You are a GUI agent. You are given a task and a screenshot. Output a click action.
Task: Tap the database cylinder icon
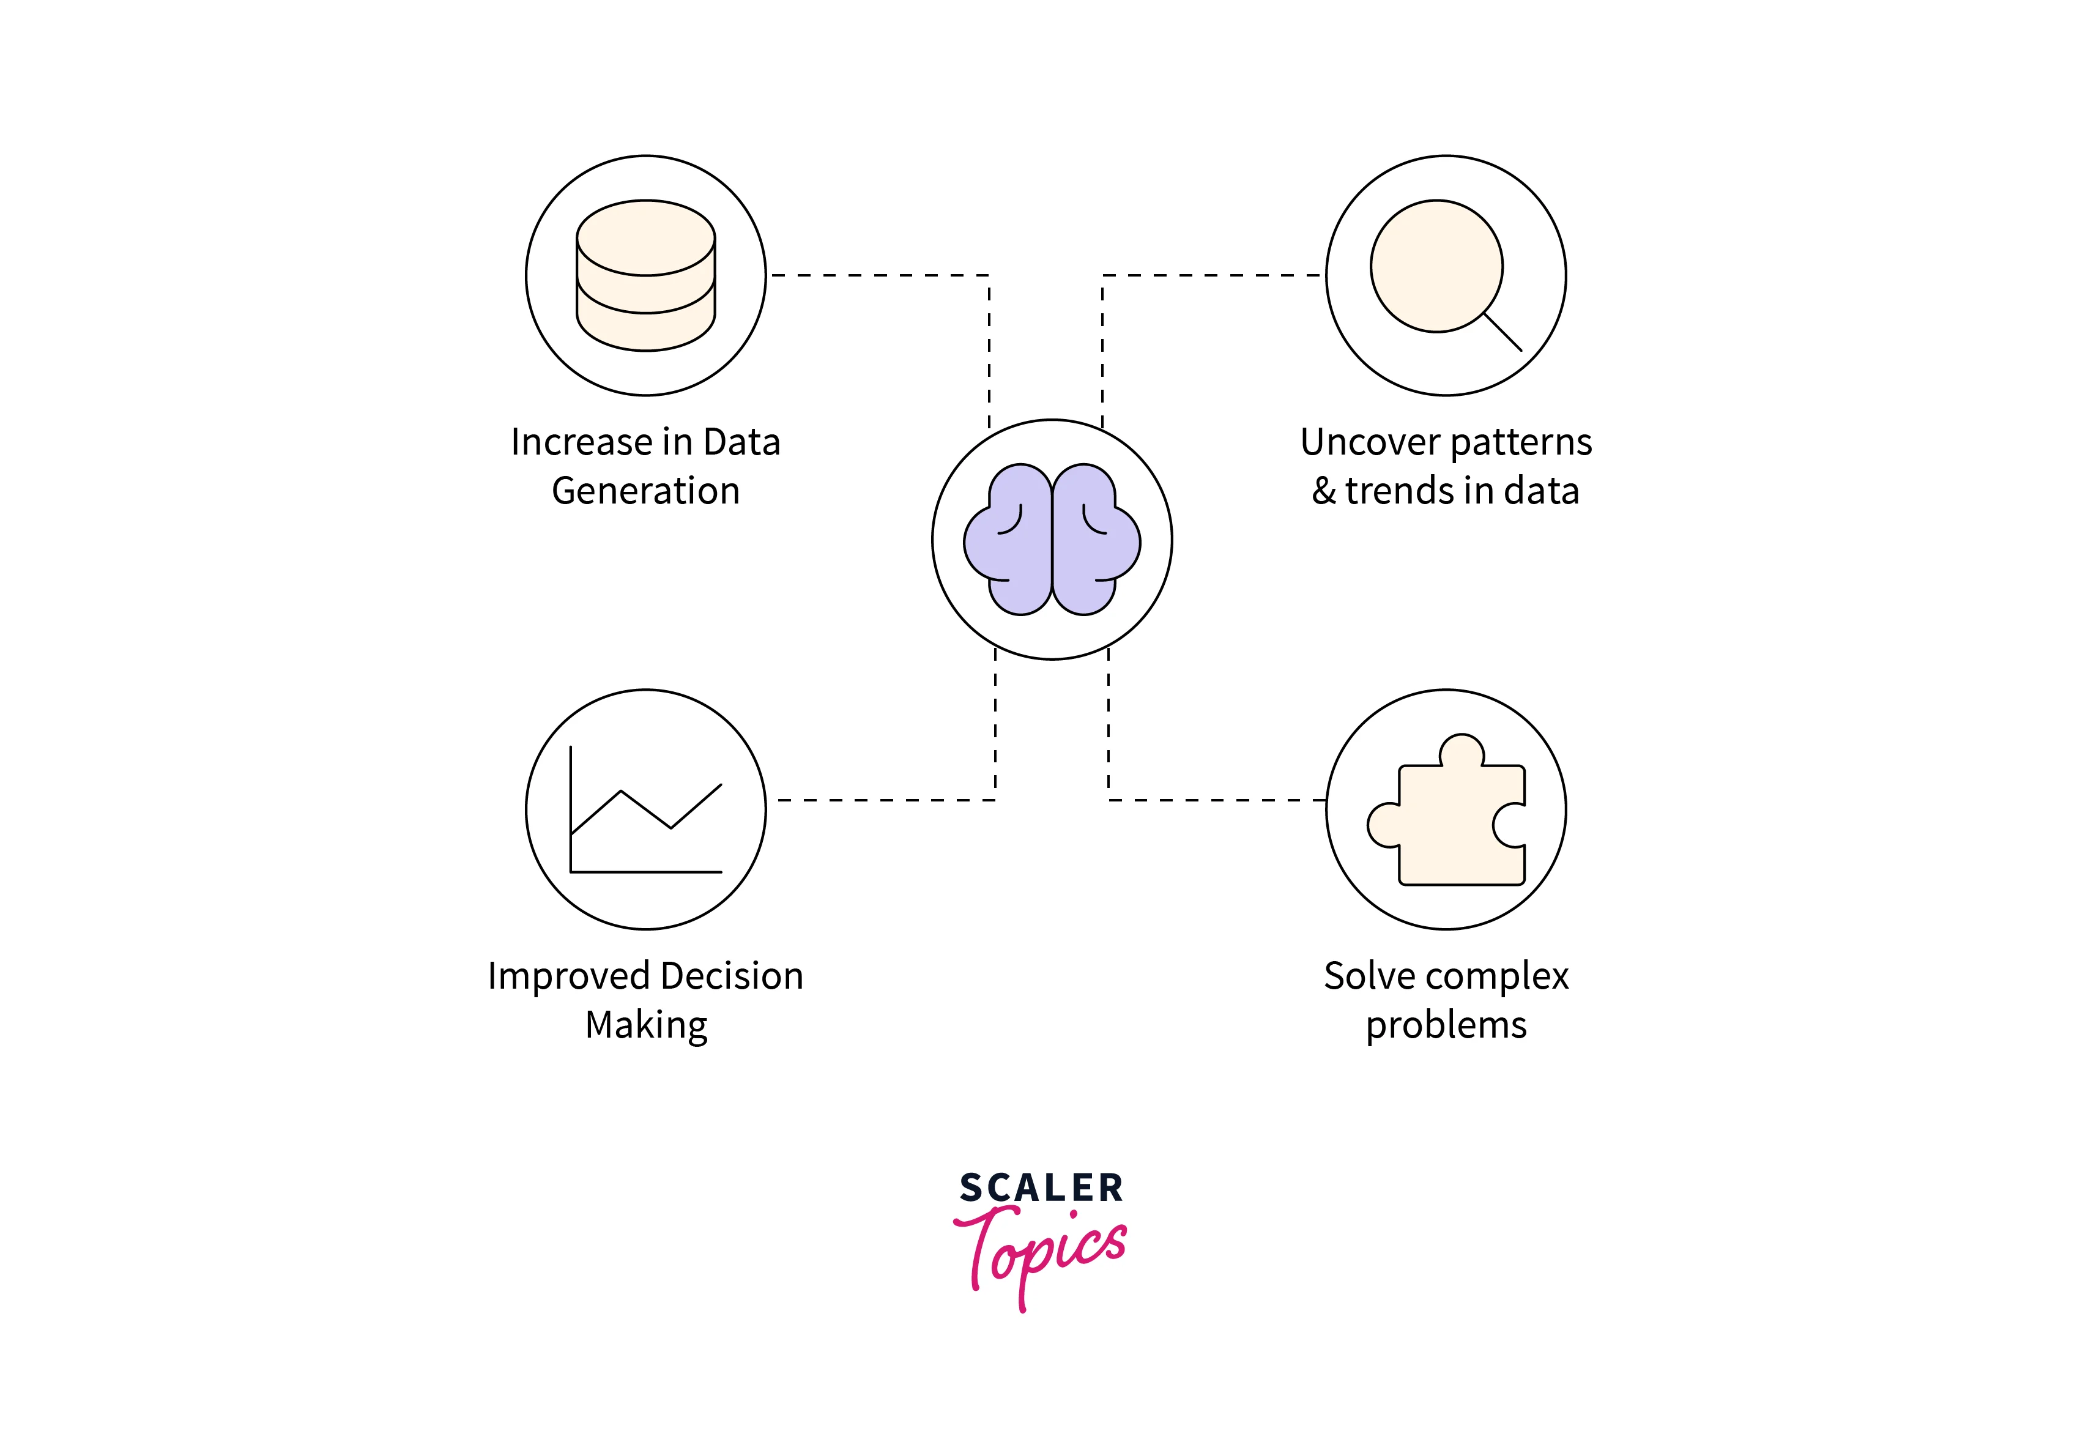point(645,275)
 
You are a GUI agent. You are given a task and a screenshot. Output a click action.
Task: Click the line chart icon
point(645,811)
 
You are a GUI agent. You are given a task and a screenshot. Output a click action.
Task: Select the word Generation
point(645,491)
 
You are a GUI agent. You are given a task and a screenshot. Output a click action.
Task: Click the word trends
point(1400,491)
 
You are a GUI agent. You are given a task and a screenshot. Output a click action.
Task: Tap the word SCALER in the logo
point(1041,1189)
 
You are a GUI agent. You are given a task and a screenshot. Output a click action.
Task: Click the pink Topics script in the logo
point(1040,1251)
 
